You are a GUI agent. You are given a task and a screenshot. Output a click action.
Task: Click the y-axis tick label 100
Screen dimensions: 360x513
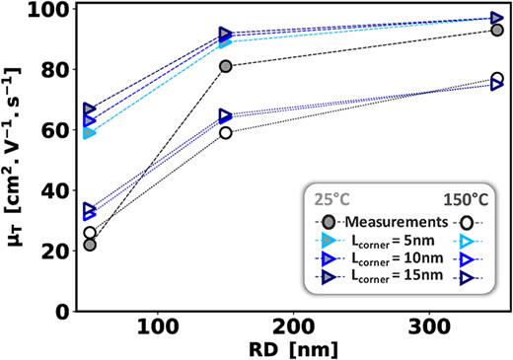47,11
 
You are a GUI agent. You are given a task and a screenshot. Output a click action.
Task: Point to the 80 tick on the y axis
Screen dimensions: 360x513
53,70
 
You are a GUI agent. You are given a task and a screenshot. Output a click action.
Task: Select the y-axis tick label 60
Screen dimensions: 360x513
53,130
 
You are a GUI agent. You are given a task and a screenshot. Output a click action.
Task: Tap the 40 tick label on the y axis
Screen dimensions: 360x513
53,190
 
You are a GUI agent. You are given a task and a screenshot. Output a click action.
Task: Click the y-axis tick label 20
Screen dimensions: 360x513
53,251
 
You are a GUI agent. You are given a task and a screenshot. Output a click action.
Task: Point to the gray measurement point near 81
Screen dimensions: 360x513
226,66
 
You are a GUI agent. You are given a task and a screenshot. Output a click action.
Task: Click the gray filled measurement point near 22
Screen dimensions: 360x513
90,245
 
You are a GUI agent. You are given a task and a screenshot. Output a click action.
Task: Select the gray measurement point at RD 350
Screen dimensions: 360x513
497,31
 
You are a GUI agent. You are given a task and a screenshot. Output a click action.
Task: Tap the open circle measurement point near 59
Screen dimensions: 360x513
226,132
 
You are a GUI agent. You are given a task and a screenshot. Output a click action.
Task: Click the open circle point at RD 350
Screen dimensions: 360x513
497,79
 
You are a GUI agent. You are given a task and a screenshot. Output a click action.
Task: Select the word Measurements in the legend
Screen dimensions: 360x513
397,222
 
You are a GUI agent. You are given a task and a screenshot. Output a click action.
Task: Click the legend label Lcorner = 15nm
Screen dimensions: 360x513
397,278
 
